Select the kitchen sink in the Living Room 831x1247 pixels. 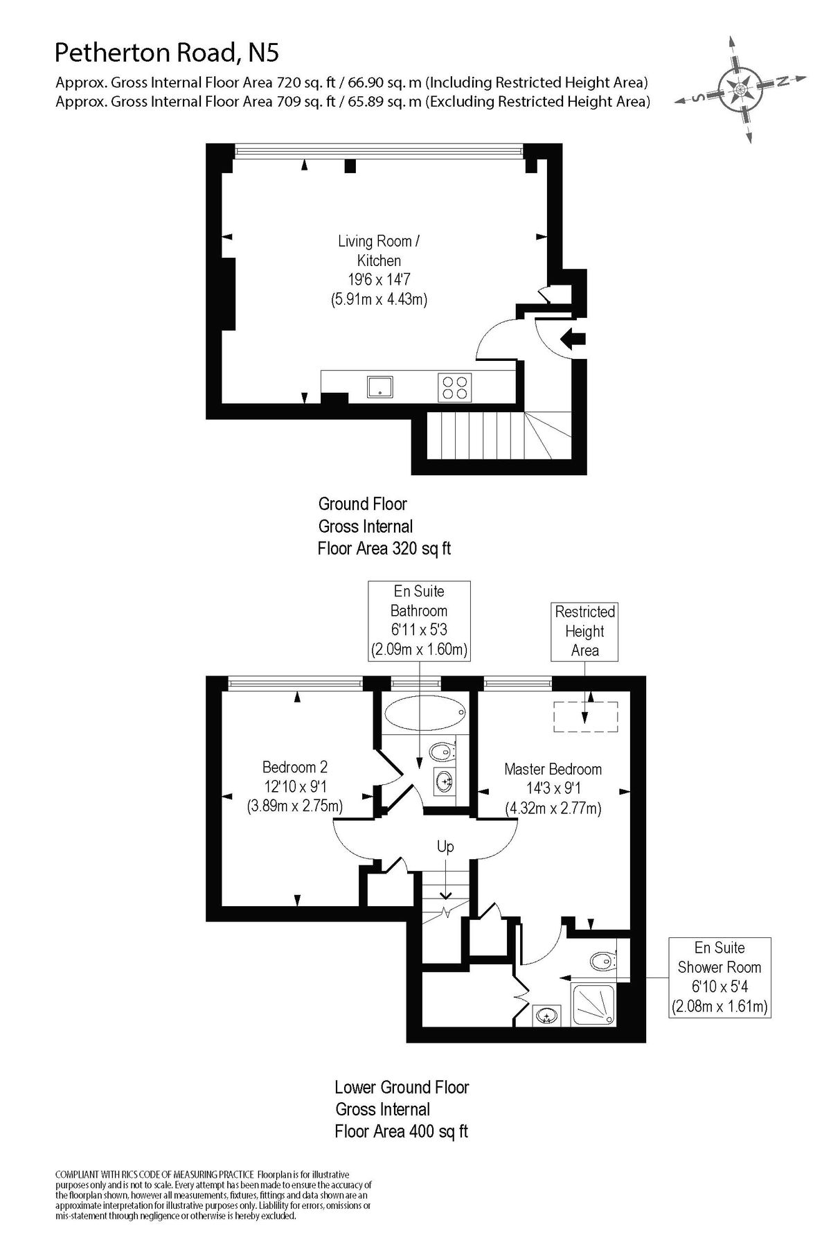[380, 387]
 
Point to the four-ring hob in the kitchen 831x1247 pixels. [455, 387]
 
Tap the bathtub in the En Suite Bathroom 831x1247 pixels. [424, 713]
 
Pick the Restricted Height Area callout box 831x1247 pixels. [584, 631]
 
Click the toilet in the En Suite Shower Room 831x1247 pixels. [603, 960]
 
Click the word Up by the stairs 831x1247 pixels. [445, 847]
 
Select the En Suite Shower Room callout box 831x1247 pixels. [720, 977]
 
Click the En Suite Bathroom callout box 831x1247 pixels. [419, 620]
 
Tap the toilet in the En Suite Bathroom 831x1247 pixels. [441, 751]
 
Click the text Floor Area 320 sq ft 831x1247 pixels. [384, 549]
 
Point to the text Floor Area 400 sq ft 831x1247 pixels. [401, 1132]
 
